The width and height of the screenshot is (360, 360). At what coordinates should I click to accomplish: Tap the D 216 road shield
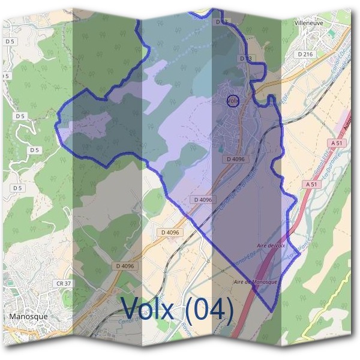coord(305,54)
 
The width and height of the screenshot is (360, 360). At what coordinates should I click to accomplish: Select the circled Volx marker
coord(233,100)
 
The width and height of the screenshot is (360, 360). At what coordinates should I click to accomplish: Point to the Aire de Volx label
coord(270,245)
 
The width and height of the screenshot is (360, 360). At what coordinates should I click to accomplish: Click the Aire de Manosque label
coord(255,281)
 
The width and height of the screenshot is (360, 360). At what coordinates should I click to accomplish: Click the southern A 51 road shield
coord(310,184)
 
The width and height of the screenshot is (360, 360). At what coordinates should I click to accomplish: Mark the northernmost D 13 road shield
coord(221,22)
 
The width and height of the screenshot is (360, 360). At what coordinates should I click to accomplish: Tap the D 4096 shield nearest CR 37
coord(124,265)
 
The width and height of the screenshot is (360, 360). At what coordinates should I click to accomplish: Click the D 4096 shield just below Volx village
coord(236,159)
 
